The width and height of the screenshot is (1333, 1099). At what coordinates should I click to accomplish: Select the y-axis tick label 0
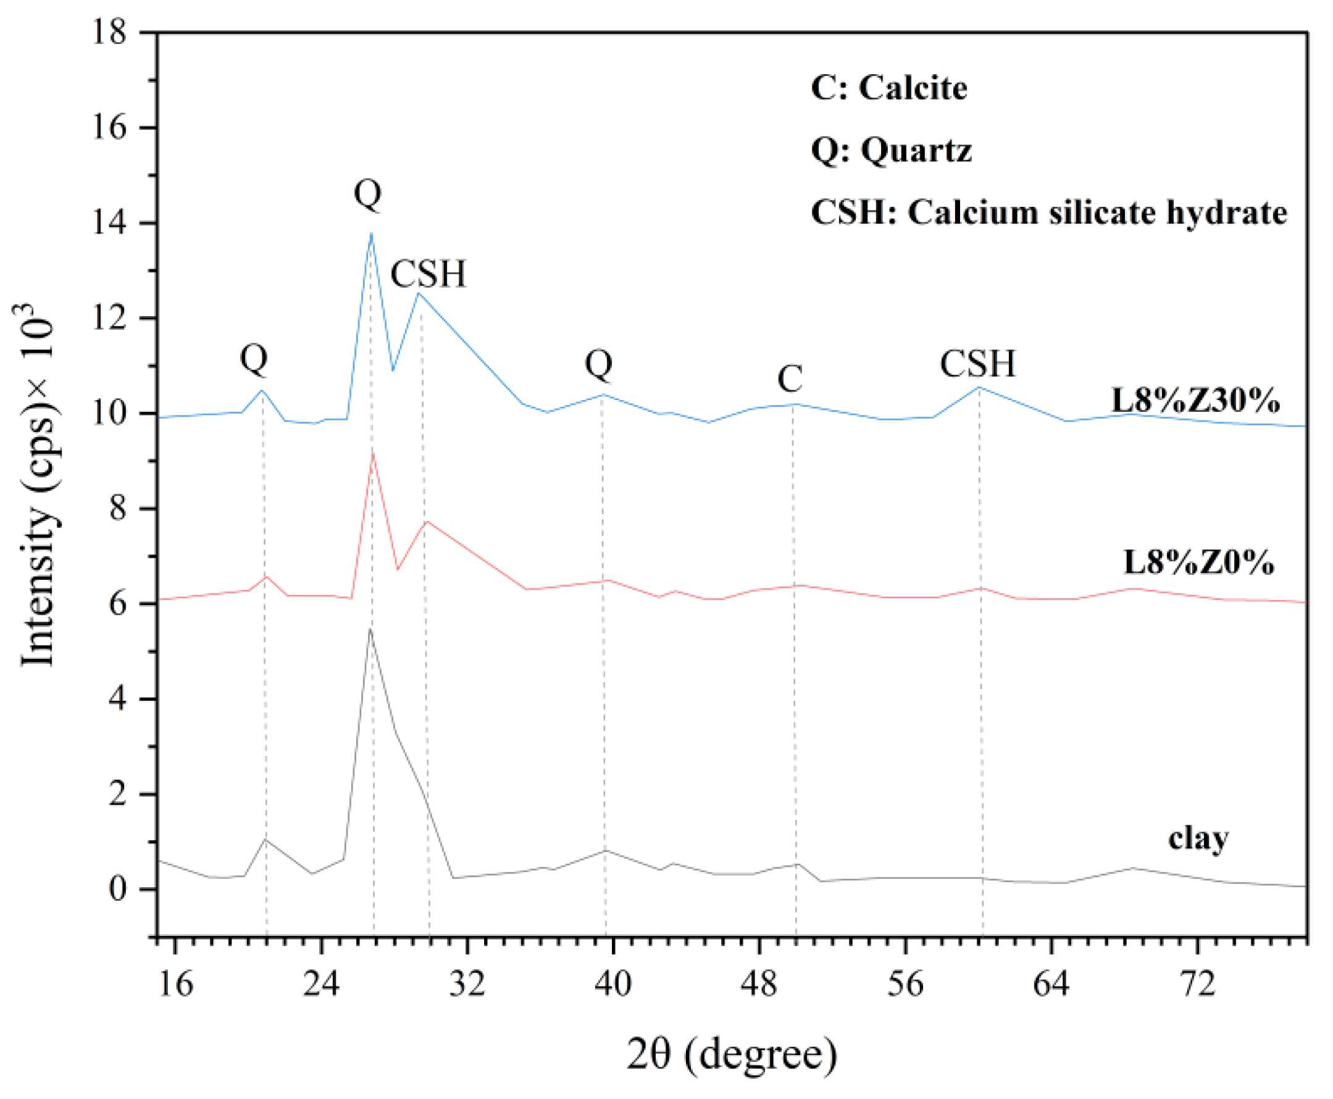(118, 890)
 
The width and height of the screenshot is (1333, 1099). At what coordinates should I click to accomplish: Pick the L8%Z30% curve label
(1196, 401)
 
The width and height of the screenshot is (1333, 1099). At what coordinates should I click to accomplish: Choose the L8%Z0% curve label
(1198, 562)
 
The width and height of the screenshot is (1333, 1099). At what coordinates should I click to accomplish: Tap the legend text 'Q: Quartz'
(890, 151)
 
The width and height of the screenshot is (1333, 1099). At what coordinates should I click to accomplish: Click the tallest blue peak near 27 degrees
(371, 233)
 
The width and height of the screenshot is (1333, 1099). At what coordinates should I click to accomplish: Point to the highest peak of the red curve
(373, 452)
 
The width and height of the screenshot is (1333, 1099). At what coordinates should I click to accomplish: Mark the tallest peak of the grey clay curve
(370, 629)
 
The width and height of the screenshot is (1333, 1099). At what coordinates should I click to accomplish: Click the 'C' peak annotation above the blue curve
(790, 379)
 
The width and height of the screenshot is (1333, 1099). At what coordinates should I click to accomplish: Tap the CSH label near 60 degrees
(977, 364)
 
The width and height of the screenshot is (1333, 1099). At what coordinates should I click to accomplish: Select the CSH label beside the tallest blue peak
(428, 274)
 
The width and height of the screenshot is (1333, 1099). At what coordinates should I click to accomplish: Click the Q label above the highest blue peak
(368, 193)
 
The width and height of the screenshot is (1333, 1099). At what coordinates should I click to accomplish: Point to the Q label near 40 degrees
(599, 364)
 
